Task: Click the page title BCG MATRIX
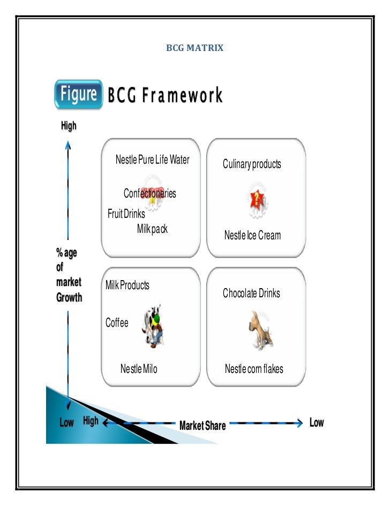[x=194, y=49]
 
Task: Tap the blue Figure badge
[x=78, y=95]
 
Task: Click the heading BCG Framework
[x=165, y=96]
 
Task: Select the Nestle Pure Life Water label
[x=153, y=160]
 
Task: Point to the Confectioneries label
[x=149, y=194]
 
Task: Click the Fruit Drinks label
[x=126, y=214]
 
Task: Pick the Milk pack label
[x=152, y=229]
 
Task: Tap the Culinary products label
[x=252, y=164]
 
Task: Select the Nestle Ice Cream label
[x=252, y=235]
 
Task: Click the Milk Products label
[x=127, y=285]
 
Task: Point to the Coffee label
[x=117, y=323]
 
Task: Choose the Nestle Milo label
[x=139, y=369]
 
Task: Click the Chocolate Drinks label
[x=251, y=294]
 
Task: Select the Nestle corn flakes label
[x=254, y=369]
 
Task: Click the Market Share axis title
[x=202, y=426]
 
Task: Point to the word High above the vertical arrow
[x=69, y=126]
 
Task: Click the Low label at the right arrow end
[x=317, y=423]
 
